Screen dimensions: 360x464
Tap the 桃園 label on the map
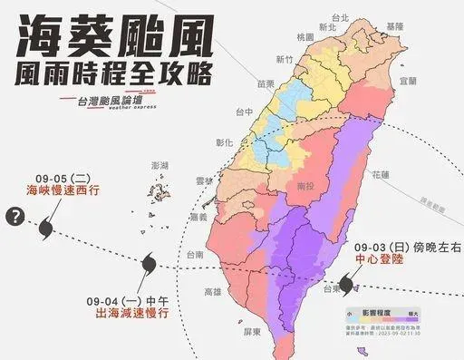(304, 36)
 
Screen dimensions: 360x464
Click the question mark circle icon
(14, 217)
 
